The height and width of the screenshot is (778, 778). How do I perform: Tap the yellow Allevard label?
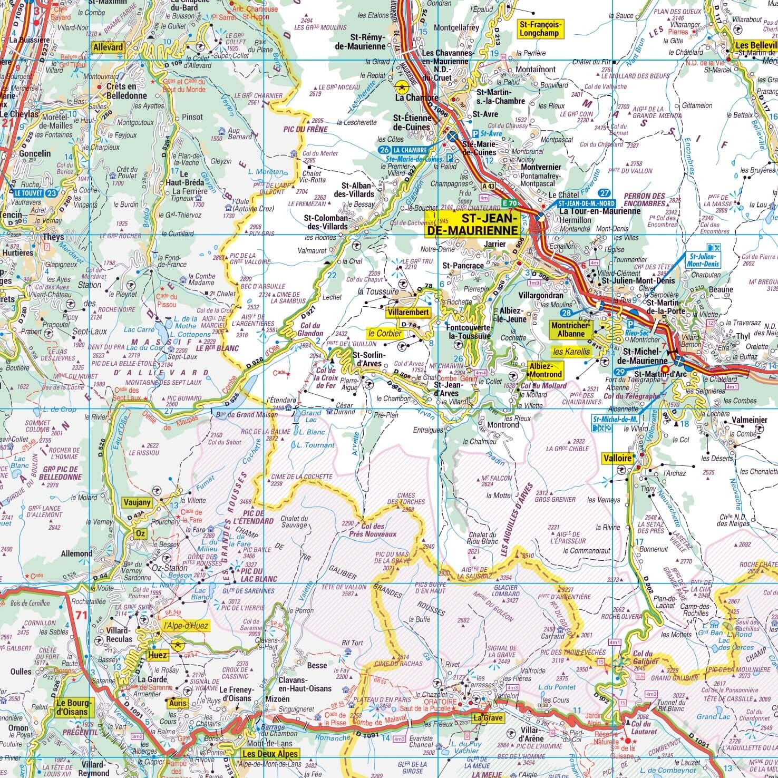(x=108, y=47)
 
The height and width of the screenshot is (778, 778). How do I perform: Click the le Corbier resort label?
(x=385, y=333)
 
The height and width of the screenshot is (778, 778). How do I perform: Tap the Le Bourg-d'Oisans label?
(x=74, y=707)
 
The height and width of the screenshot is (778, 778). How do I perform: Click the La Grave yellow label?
(x=487, y=718)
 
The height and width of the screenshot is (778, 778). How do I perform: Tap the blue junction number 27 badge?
(x=605, y=193)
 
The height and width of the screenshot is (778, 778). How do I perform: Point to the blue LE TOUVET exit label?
(x=30, y=193)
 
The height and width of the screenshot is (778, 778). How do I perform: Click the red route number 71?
(x=81, y=615)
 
